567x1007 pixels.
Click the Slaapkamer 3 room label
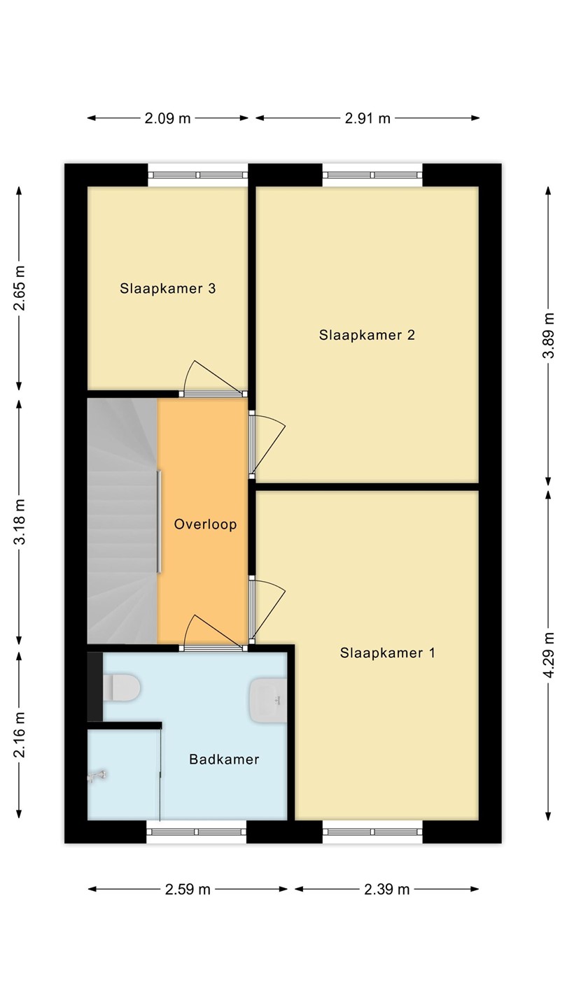point(167,289)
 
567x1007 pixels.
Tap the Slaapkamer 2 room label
point(367,335)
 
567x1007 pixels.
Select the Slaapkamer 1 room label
point(388,652)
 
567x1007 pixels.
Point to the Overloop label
point(205,524)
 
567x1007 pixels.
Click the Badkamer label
point(224,759)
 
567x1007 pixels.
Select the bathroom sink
point(268,701)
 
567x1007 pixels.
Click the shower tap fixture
point(97,776)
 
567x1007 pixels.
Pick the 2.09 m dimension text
point(167,118)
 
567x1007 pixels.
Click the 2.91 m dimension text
point(367,118)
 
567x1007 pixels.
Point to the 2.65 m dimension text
point(20,288)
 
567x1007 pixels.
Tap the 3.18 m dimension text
point(20,522)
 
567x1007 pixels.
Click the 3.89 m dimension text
point(548,336)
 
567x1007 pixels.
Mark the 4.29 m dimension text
point(548,654)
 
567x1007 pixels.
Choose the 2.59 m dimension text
point(188,890)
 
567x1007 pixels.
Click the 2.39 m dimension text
point(387,890)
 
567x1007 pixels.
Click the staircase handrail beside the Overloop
point(159,522)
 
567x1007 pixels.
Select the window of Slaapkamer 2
point(372,176)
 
